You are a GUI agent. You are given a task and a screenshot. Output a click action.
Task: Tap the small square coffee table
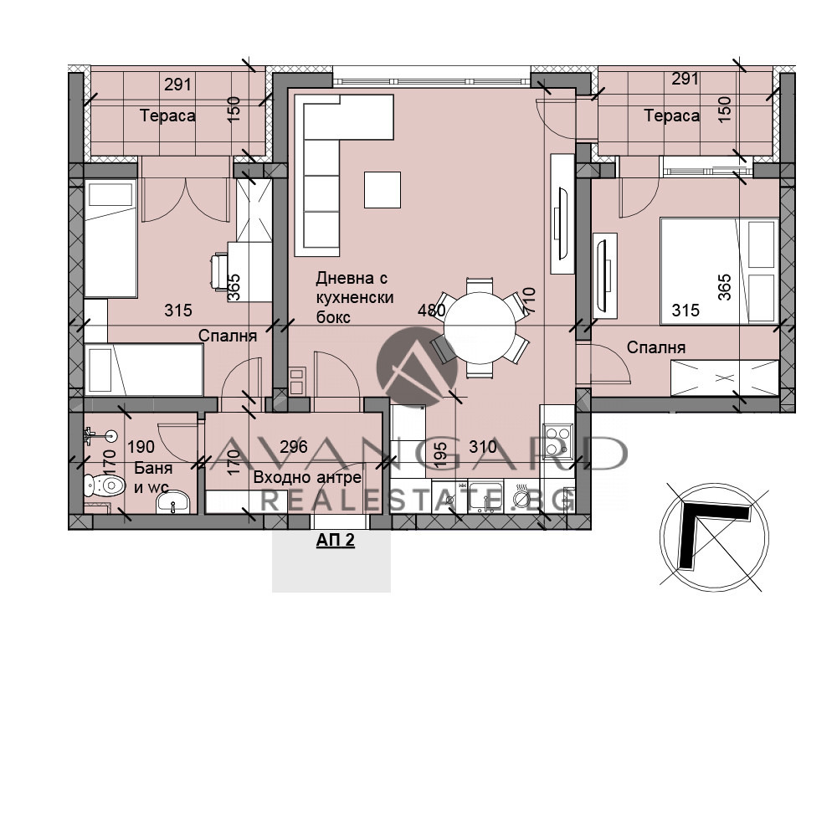click(x=383, y=189)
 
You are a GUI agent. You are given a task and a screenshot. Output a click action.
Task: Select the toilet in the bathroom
click(x=105, y=484)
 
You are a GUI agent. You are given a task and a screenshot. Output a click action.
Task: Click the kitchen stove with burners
click(x=555, y=440)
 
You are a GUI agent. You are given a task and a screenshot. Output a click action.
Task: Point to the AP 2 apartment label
click(x=335, y=541)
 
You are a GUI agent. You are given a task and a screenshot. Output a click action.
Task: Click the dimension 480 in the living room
click(x=432, y=311)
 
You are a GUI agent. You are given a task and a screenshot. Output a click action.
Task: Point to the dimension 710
click(x=528, y=300)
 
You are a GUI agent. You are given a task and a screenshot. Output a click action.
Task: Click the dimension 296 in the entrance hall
click(x=293, y=447)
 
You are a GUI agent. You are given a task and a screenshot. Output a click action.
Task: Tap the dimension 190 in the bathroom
click(x=141, y=447)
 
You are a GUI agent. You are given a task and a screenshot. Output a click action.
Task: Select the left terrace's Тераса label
click(x=167, y=116)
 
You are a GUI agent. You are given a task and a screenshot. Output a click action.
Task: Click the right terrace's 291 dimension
click(x=686, y=80)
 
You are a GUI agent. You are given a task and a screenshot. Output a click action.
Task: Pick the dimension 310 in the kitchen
click(x=482, y=447)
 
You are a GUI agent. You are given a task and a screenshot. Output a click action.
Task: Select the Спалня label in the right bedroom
click(x=656, y=347)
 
